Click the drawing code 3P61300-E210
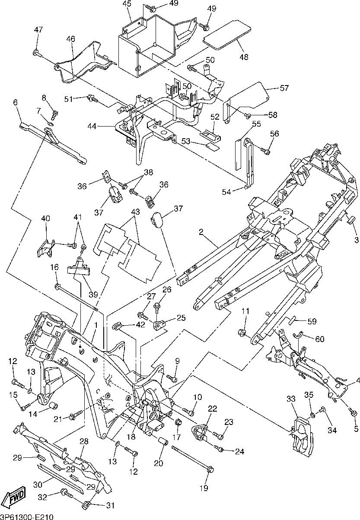point(27,516)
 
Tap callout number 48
point(244,57)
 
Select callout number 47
point(38,29)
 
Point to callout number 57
point(284,88)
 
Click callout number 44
point(92,126)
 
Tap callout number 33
point(291,399)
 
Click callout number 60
point(319,339)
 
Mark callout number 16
point(54,267)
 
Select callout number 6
point(15,102)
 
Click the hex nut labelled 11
point(242,333)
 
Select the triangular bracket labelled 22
point(199,431)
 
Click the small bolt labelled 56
point(265,151)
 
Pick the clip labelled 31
point(86,504)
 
